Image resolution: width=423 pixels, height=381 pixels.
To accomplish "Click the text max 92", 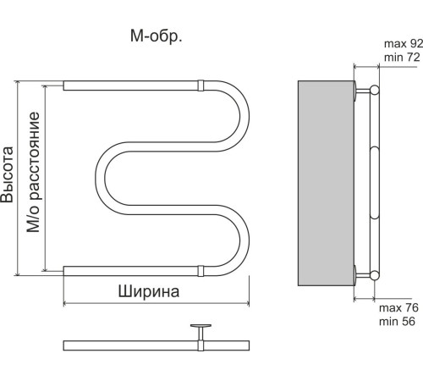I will point(402,43).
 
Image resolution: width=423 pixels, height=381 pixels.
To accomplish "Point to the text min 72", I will point(402,57).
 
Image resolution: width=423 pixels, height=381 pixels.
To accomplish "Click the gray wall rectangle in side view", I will point(325,181).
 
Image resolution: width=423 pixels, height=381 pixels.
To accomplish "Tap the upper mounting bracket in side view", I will point(364,89).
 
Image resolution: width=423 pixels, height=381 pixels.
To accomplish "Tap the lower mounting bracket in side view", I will point(364,273).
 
